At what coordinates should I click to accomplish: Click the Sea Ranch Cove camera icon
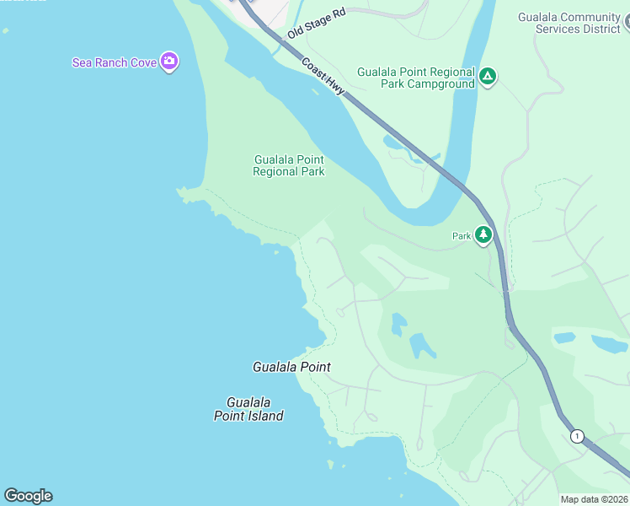[x=169, y=61]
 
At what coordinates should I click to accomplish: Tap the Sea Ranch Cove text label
[x=115, y=62]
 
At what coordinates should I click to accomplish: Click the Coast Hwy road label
[x=324, y=76]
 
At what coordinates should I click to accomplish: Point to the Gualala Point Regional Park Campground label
[x=415, y=78]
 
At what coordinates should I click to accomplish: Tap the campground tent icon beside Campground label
[x=487, y=78]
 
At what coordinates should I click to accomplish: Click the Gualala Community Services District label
[x=581, y=23]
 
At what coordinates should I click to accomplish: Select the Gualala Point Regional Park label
[x=288, y=165]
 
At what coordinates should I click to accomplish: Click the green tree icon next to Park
[x=483, y=234]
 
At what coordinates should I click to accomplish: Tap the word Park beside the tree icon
[x=461, y=236]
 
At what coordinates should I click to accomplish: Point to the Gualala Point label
[x=291, y=367]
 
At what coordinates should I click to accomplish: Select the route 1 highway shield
[x=577, y=436]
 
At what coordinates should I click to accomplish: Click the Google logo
[x=28, y=496]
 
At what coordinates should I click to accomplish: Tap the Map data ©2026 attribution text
[x=593, y=499]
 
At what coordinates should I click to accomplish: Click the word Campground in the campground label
[x=440, y=85]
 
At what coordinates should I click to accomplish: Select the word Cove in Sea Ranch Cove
[x=143, y=62]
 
